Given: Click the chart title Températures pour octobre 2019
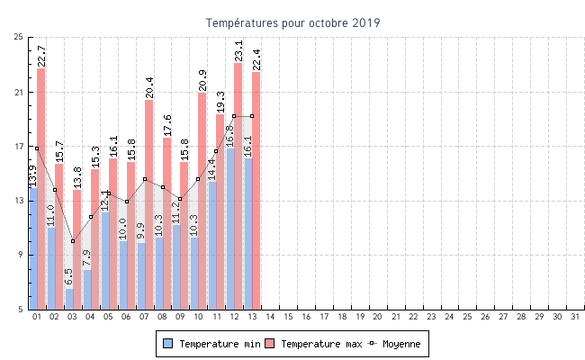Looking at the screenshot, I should coord(292,22).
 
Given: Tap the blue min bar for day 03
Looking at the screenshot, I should coord(68,299).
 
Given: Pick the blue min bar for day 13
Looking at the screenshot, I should coord(247,234).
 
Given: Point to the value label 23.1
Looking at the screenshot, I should coord(238,50).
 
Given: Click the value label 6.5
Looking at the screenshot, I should coord(69,277).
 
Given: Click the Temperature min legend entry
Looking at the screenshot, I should coord(206,344).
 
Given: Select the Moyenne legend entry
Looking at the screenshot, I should coord(393,344).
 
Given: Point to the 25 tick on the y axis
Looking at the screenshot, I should coord(18,37).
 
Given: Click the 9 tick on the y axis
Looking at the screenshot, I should coord(21,255).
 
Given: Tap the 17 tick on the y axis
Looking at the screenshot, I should coord(18,146).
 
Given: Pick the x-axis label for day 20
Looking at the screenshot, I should coord(377,317).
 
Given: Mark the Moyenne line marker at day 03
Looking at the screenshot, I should coord(73,240).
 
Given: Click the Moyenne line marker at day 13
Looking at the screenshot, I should coord(252,116).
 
